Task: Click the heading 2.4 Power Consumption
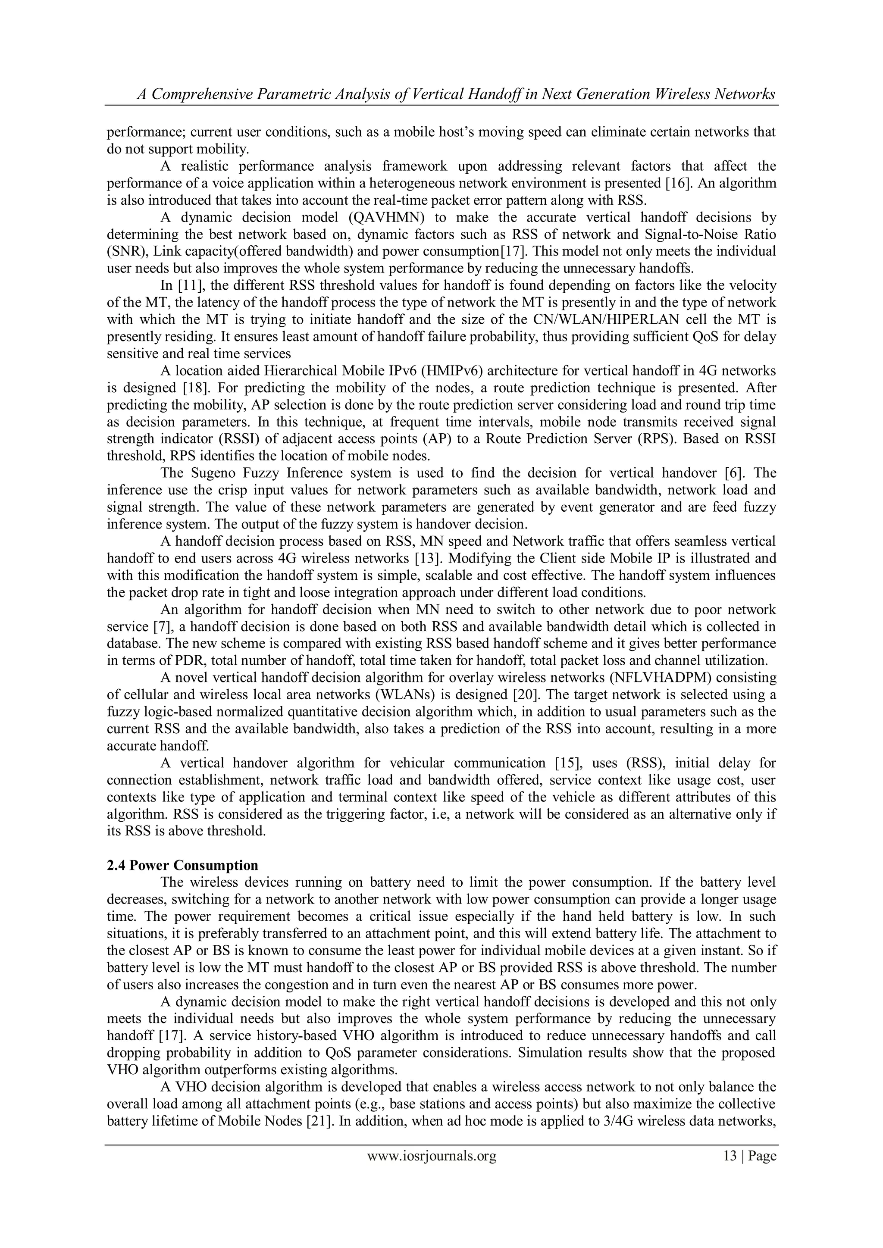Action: point(182,865)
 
